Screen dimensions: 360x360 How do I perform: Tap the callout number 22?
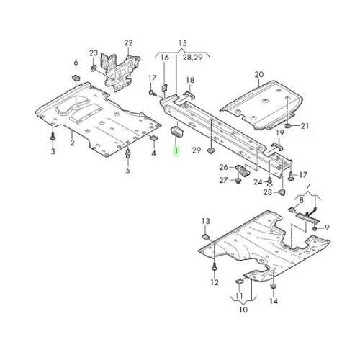[x=128, y=44]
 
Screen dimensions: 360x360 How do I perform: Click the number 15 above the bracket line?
[x=182, y=44]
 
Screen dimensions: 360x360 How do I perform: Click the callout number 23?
[x=93, y=54]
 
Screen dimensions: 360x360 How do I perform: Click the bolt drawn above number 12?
[x=214, y=266]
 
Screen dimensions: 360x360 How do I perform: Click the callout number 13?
[x=205, y=220]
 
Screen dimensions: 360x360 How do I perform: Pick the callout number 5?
[x=128, y=171]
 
